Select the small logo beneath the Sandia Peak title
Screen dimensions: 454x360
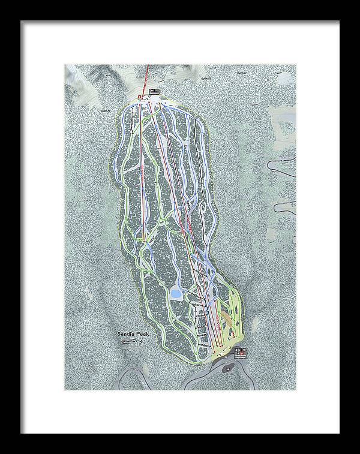click(131, 342)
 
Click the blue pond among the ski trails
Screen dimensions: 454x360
click(176, 293)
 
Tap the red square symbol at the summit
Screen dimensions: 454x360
click(139, 97)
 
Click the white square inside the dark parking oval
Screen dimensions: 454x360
click(228, 367)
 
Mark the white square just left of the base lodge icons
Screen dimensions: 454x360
click(226, 356)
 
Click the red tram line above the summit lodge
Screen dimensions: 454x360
click(149, 75)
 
